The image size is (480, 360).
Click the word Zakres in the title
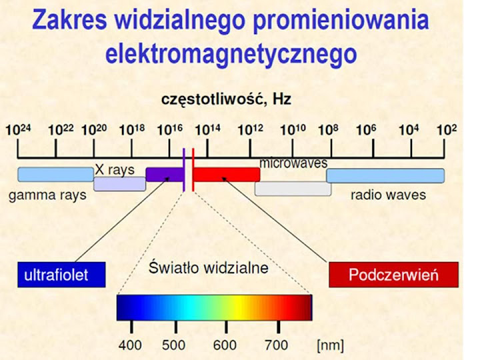tap(69, 19)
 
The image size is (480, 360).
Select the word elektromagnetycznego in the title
tap(231, 55)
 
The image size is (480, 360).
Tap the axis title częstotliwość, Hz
tap(226, 99)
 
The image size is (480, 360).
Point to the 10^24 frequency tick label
tap(19, 129)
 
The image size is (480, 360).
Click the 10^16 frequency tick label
tap(170, 129)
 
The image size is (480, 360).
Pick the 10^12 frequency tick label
tap(251, 129)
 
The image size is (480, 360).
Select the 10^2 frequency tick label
tap(447, 129)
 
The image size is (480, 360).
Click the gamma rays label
tap(47, 195)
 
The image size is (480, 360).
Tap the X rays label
tap(115, 170)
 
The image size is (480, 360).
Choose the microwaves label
tap(293, 163)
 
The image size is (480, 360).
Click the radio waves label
tap(388, 195)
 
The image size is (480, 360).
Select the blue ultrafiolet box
tap(61, 275)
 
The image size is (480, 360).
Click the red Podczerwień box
tap(394, 275)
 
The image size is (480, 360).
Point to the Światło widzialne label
tap(209, 267)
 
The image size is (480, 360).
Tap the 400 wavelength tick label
tap(130, 345)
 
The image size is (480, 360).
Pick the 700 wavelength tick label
tap(277, 345)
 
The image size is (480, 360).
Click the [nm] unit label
tap(330, 345)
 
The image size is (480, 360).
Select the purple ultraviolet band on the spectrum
tap(165, 175)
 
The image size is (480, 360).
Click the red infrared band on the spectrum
tap(227, 175)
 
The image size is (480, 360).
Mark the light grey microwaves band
tap(293, 189)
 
